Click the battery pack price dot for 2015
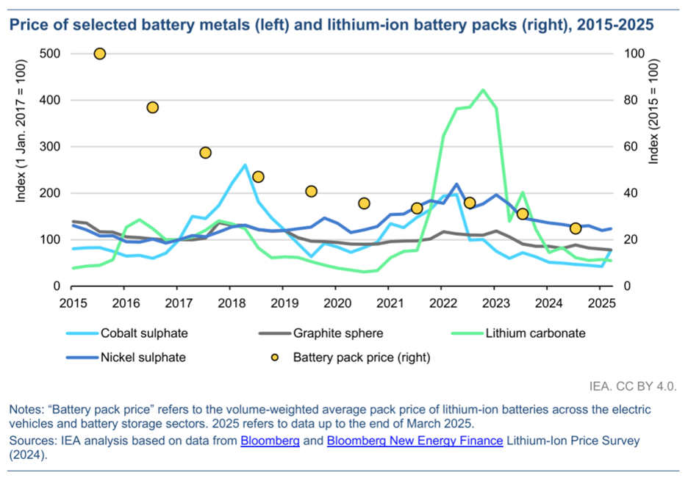click(100, 54)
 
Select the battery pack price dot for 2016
click(153, 107)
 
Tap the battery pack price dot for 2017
click(206, 153)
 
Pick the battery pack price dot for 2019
click(311, 191)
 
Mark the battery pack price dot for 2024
click(576, 228)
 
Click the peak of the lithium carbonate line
click(483, 90)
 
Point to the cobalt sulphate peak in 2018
click(245, 165)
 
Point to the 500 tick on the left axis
click(50, 54)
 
